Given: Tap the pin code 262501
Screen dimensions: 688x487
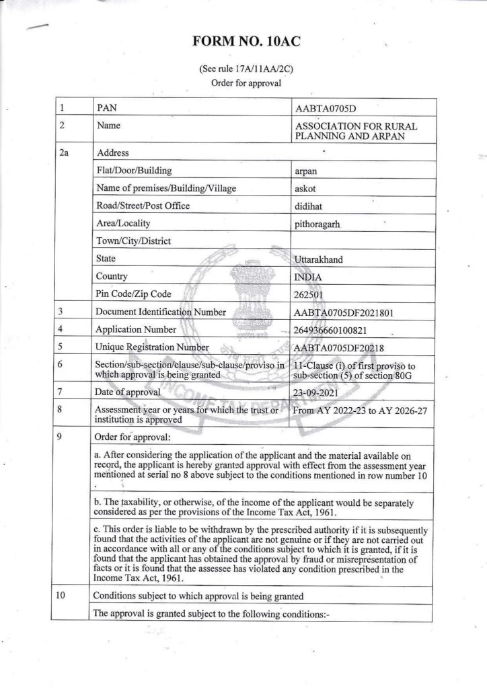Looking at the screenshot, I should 311,294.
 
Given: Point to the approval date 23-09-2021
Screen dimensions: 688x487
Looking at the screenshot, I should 317,392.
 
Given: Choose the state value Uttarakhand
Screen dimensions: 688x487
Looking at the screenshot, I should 320,259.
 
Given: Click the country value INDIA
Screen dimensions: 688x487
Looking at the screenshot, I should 309,276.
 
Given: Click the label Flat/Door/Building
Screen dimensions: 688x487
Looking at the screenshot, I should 134,171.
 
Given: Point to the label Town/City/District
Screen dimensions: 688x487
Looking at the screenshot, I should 134,241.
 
